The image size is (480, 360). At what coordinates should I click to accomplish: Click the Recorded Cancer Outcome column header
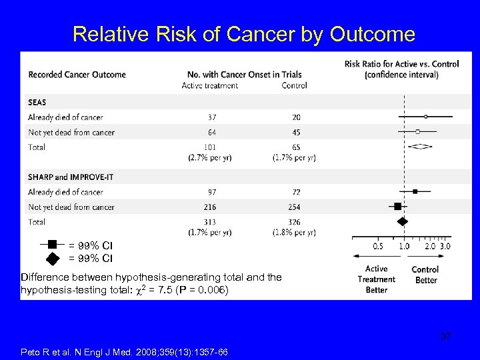click(x=77, y=74)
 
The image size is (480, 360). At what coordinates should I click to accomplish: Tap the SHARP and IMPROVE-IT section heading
click(x=68, y=177)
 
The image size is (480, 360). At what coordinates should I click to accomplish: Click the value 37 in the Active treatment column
click(x=211, y=117)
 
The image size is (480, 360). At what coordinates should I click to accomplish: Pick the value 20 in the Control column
click(x=294, y=117)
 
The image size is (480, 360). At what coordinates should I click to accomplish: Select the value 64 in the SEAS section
click(x=211, y=132)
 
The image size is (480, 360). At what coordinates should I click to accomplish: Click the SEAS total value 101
click(x=211, y=147)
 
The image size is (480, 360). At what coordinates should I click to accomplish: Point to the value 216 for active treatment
click(x=211, y=207)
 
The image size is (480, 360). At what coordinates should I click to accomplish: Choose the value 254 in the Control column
click(x=294, y=207)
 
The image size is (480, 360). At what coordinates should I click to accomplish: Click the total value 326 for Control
click(x=294, y=222)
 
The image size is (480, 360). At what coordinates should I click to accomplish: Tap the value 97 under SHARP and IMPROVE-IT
click(x=211, y=192)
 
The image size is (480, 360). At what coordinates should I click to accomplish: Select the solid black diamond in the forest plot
click(x=402, y=221)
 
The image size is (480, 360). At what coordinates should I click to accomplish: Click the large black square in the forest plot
click(x=398, y=207)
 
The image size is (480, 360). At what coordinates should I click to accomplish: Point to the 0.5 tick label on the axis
click(x=378, y=246)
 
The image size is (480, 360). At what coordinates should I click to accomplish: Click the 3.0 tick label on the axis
click(x=445, y=246)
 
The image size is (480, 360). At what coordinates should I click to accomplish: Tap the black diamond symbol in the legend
click(x=51, y=257)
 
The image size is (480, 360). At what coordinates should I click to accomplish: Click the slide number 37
click(x=445, y=336)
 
